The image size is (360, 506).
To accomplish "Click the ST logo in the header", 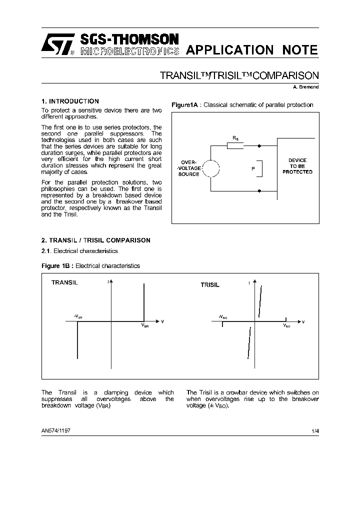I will click(x=56, y=45).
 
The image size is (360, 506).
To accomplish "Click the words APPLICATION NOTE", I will click(x=251, y=50).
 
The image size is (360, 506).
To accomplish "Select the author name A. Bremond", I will click(x=305, y=87).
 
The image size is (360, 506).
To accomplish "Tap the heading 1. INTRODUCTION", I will click(x=70, y=101).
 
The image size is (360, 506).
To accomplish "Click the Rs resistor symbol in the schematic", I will click(x=235, y=145).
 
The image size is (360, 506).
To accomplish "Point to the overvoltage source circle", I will click(x=211, y=168).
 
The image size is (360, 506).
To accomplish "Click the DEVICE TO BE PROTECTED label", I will click(x=297, y=166).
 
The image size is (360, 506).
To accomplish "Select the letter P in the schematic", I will click(x=253, y=169).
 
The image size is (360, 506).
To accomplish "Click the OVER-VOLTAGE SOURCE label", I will click(x=188, y=168).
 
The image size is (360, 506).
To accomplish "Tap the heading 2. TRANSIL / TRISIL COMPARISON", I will click(x=95, y=240).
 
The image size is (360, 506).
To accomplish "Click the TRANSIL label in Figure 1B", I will click(x=64, y=282).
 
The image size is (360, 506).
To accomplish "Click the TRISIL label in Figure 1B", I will click(x=210, y=284).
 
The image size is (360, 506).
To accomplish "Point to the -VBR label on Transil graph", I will click(x=78, y=316).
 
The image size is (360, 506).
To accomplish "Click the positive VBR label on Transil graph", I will click(x=144, y=325).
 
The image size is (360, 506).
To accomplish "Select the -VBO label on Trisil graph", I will click(x=223, y=317).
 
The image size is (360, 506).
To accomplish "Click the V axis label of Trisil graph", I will click(x=303, y=321).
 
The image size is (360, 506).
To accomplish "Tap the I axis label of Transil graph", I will click(x=108, y=282).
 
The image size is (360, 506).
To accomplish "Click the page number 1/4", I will click(x=314, y=430).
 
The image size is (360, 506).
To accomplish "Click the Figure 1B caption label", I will click(x=57, y=266).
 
